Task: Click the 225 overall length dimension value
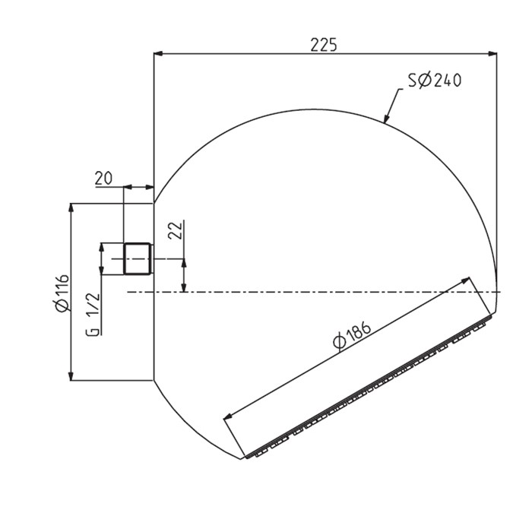[324, 43]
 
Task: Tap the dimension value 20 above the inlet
[104, 178]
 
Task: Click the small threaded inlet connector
[138, 258]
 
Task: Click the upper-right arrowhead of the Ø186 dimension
[467, 281]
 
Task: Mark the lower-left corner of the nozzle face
[244, 459]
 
